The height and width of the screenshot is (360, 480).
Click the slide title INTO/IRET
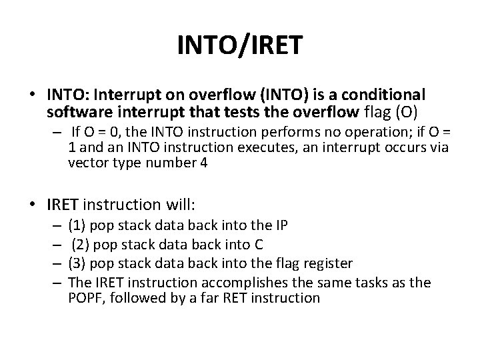tap(240, 46)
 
